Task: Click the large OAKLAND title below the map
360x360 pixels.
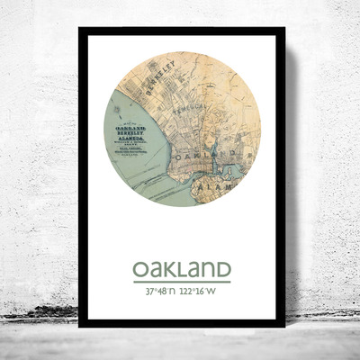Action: coord(182,269)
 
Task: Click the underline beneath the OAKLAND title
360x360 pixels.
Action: coord(182,282)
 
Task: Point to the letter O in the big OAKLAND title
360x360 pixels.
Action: coord(140,269)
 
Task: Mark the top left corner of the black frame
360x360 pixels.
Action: coord(79,29)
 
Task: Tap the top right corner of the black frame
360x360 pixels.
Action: coord(284,29)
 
